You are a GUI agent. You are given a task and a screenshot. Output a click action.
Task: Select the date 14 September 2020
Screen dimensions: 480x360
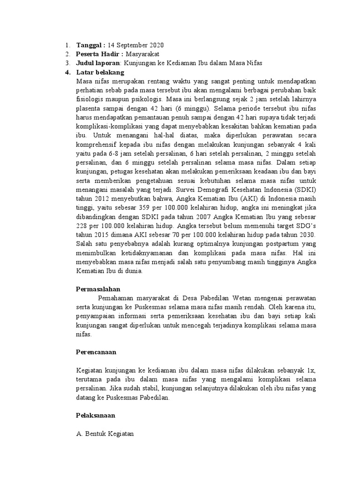click(135, 45)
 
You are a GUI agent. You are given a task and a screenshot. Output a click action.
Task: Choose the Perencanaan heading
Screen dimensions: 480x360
click(96, 352)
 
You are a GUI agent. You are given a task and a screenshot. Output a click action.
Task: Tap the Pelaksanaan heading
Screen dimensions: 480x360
click(96, 415)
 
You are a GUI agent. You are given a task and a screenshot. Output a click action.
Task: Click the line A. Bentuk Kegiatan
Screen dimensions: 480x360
click(105, 434)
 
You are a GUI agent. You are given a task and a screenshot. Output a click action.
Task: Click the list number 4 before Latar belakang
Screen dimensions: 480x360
click(67, 72)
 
